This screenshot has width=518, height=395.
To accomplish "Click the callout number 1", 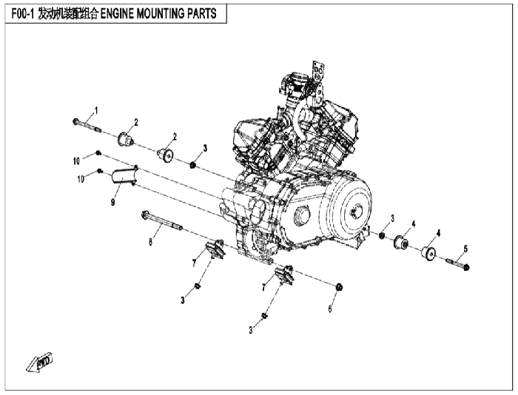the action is tap(96, 110).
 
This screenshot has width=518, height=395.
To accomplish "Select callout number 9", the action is tap(113, 202).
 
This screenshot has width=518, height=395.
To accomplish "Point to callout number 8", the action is tap(151, 242).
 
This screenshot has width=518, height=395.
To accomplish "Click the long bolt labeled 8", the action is tap(162, 220).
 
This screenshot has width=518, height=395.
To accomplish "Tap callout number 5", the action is tap(465, 249).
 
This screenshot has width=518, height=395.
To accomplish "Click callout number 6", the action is tap(330, 308).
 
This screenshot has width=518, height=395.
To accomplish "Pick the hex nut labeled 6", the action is tap(339, 287).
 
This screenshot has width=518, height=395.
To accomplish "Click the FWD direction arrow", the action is tap(40, 362).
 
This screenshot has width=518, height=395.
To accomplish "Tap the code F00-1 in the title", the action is tap(23, 13).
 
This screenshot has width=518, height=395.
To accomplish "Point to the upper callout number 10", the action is tap(76, 161).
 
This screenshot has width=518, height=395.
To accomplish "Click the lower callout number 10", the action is tap(81, 179).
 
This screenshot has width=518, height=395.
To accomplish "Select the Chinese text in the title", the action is tap(68, 13).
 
